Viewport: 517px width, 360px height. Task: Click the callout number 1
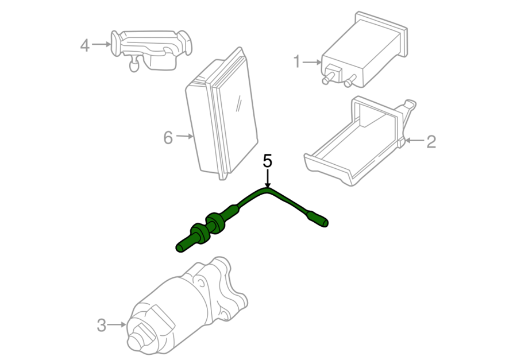pyautogui.click(x=297, y=61)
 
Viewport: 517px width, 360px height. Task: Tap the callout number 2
pyautogui.click(x=431, y=141)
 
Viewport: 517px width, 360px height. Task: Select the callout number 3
pyautogui.click(x=102, y=325)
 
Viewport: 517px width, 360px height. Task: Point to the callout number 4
pyautogui.click(x=85, y=45)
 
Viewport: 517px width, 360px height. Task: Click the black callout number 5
pyautogui.click(x=268, y=161)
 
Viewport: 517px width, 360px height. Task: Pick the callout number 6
pyautogui.click(x=168, y=137)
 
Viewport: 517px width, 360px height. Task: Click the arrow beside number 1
pyautogui.click(x=312, y=62)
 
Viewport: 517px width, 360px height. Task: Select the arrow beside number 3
pyautogui.click(x=117, y=325)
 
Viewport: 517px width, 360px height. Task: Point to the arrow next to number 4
pyautogui.click(x=102, y=44)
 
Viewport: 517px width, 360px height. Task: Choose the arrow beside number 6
pyautogui.click(x=184, y=136)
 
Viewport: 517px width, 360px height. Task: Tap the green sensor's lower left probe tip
pyautogui.click(x=180, y=248)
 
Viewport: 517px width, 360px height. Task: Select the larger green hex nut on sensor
pyautogui.click(x=215, y=223)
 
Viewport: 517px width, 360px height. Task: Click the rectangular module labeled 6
pyautogui.click(x=222, y=114)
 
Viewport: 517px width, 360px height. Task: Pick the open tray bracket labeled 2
pyautogui.click(x=360, y=142)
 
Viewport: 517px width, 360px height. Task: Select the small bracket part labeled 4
pyautogui.click(x=151, y=49)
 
